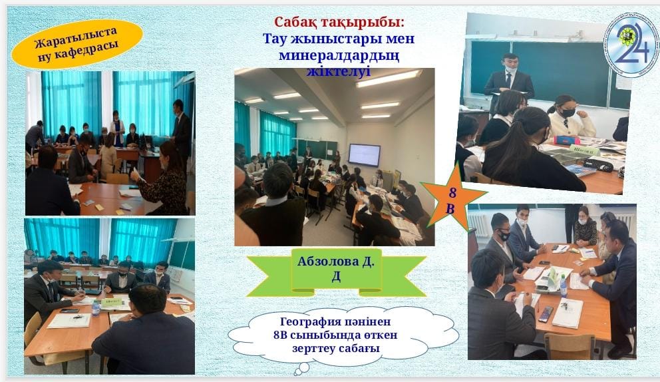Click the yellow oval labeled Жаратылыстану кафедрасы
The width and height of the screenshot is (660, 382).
(77, 44)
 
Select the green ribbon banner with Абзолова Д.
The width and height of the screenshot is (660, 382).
(336, 272)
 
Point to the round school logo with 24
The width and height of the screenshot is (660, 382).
(631, 44)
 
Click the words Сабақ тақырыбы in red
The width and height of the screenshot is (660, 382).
(339, 22)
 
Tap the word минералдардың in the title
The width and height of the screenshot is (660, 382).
(339, 55)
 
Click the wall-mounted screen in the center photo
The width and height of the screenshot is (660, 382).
(364, 155)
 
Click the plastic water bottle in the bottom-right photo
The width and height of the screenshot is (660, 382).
(563, 286)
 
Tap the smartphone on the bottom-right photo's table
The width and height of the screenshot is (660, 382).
(546, 313)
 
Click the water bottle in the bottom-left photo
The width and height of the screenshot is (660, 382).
(96, 308)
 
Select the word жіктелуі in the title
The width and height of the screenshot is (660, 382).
(339, 71)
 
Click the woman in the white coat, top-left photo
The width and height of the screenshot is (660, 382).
(117, 128)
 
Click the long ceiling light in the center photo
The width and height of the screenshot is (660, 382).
(389, 79)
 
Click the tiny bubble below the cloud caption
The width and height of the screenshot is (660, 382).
(302, 369)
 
